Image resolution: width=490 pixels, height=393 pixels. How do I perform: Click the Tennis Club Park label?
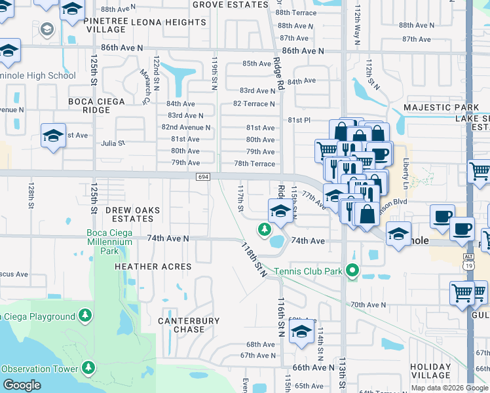click(309, 271)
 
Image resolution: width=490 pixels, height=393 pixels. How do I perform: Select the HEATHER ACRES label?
click(153, 267)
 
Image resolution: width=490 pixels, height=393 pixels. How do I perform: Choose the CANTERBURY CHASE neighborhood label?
click(189, 325)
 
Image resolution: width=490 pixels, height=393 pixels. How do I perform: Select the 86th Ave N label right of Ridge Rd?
click(303, 50)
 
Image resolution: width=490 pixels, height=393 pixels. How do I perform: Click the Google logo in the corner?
click(22, 385)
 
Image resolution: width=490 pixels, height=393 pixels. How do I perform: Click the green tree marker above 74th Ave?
click(263, 229)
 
